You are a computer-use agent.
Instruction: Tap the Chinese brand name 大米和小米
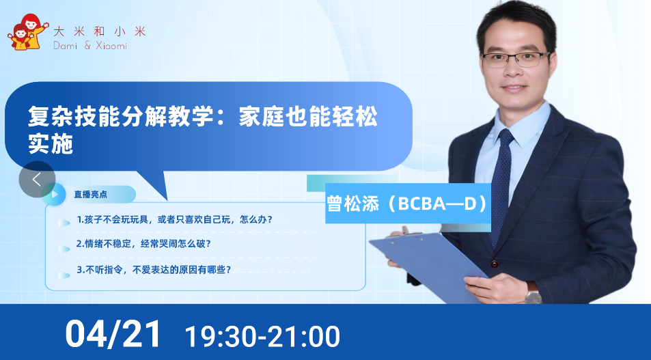[99, 31]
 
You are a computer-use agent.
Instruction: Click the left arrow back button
[37, 180]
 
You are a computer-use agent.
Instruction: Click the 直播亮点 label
[90, 194]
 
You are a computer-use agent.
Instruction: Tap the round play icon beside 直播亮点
[55, 194]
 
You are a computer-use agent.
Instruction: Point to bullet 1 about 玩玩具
[174, 219]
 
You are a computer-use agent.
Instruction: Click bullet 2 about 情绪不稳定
[143, 244]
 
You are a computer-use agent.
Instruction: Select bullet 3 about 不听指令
[154, 270]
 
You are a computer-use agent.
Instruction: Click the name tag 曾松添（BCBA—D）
[408, 204]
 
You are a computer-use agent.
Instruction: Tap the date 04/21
[113, 334]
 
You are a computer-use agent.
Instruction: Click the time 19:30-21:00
[262, 336]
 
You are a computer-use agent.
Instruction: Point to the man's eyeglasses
[516, 59]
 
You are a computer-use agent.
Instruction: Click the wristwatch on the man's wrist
[534, 295]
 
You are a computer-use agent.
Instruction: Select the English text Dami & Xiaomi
[90, 45]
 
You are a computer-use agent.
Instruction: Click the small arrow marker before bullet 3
[64, 275]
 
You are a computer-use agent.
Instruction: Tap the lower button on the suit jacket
[495, 264]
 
